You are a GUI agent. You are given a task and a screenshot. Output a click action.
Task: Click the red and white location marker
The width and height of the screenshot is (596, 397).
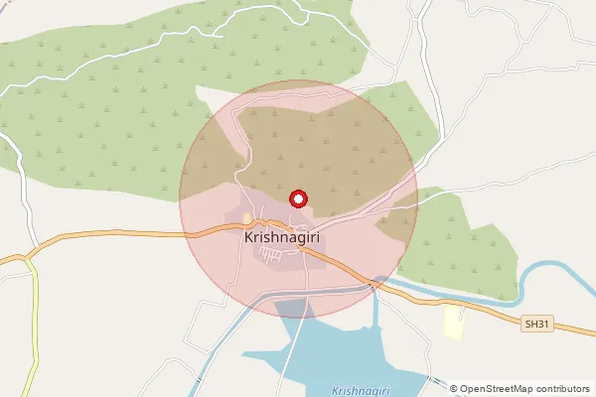pyautogui.click(x=296, y=198)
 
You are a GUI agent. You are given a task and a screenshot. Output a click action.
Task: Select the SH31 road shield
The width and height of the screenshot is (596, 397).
pyautogui.click(x=536, y=324)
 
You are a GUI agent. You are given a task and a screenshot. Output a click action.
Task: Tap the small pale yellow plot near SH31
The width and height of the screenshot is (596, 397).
pyautogui.click(x=453, y=322)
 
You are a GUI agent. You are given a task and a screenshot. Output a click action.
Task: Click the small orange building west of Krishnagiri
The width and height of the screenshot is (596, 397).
pyautogui.click(x=247, y=217)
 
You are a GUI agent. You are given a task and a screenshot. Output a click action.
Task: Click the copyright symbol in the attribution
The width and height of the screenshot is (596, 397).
pyautogui.click(x=454, y=388)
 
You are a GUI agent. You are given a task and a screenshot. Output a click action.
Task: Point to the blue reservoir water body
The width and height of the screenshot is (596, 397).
pyautogui.click(x=318, y=347)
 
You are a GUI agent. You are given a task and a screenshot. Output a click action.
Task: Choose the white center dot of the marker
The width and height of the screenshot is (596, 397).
pyautogui.click(x=296, y=198)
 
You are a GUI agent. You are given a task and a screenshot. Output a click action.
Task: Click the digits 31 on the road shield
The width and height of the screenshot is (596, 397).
pyautogui.click(x=541, y=324)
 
